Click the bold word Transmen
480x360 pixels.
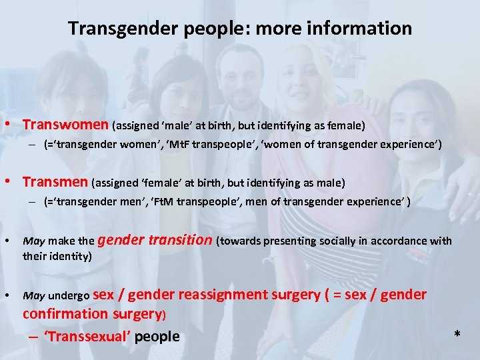click(x=55, y=182)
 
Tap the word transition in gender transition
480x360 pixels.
click(x=176, y=241)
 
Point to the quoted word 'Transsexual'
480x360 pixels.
click(x=87, y=336)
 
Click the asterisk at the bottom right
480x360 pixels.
click(x=457, y=334)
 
